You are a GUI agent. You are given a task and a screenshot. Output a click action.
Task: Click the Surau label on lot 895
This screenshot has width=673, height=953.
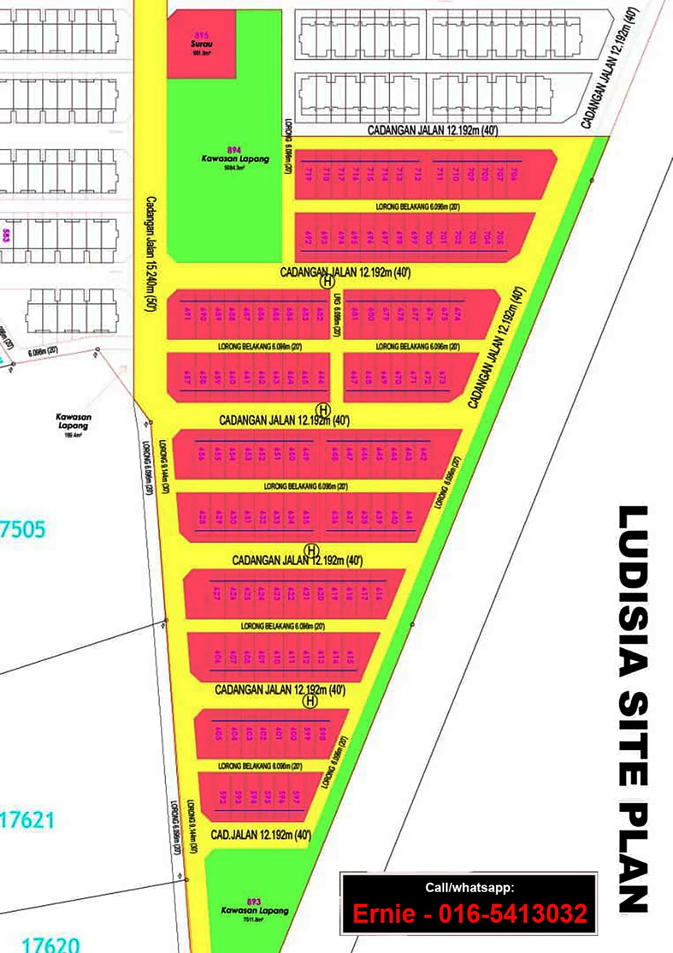click(x=201, y=44)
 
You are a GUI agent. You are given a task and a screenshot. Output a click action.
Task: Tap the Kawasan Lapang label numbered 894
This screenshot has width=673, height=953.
click(x=235, y=158)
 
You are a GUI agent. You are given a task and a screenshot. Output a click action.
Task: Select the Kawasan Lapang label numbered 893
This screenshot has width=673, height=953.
click(x=254, y=910)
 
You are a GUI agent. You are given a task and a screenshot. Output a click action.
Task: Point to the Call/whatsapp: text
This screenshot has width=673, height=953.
click(x=470, y=887)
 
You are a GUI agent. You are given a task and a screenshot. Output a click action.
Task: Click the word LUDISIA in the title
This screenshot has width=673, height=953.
click(x=633, y=591)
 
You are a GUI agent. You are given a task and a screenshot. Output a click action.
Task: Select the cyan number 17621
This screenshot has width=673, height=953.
click(x=27, y=819)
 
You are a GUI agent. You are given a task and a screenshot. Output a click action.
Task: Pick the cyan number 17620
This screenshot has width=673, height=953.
click(x=50, y=944)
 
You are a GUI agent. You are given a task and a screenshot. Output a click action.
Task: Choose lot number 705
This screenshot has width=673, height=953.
click(x=500, y=238)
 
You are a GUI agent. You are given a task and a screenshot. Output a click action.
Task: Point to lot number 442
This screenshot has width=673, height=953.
click(x=423, y=454)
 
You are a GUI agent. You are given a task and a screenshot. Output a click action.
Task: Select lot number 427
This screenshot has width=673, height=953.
click(x=216, y=593)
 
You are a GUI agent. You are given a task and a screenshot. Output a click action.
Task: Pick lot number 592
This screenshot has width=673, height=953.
click(x=222, y=797)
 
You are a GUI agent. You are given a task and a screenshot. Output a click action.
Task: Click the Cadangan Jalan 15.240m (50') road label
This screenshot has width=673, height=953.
click(x=152, y=254)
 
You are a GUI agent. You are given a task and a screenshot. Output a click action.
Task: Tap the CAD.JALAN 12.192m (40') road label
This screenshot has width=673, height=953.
click(x=260, y=834)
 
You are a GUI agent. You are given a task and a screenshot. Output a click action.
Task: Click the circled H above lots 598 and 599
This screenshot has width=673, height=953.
click(x=310, y=701)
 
